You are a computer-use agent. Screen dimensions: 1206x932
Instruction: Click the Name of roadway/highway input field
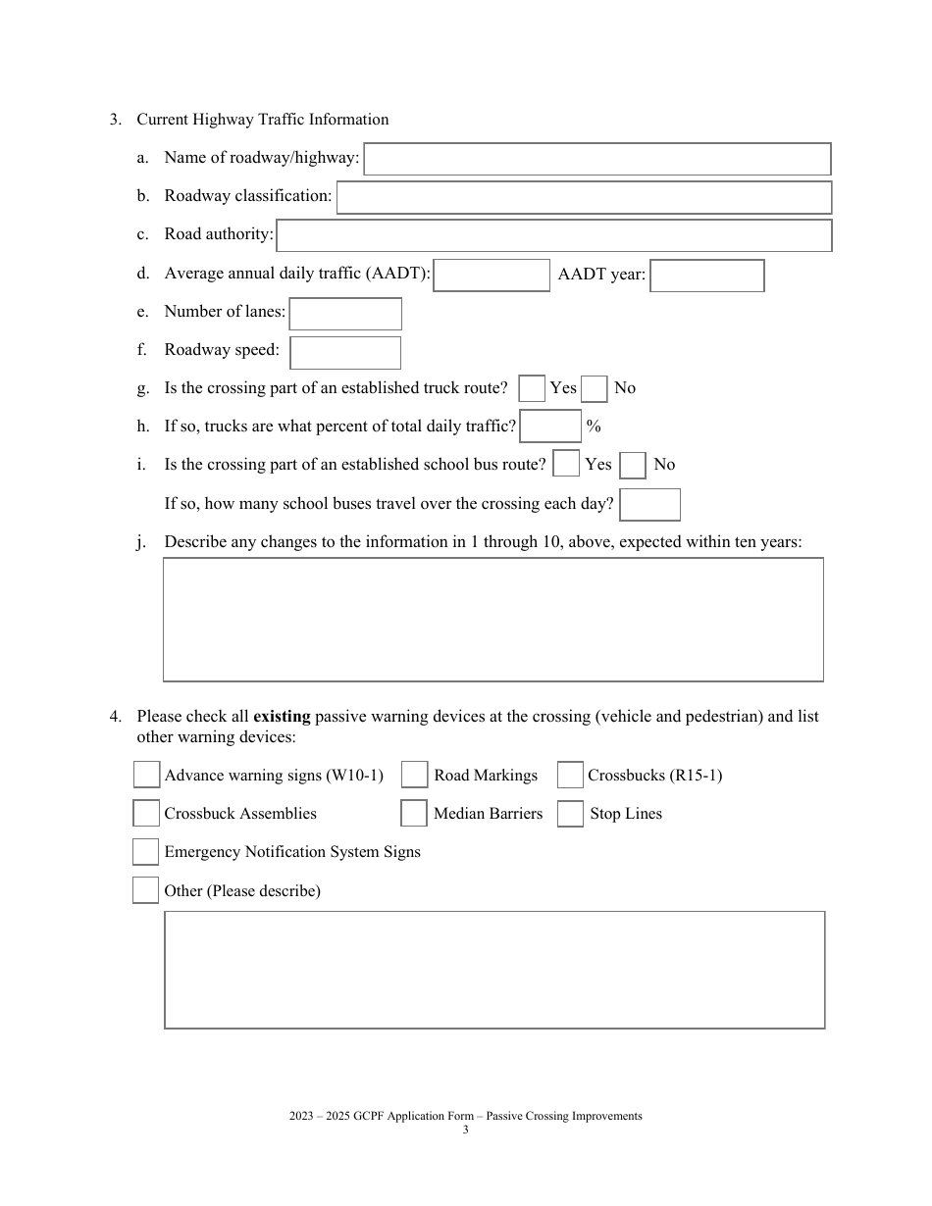[x=596, y=159]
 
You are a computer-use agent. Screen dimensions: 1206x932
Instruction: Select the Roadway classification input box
[x=584, y=197]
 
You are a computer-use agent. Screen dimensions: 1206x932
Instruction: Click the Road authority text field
[x=553, y=235]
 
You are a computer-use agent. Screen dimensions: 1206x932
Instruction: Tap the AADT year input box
[x=706, y=276]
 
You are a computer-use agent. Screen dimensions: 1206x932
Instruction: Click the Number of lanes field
[x=345, y=314]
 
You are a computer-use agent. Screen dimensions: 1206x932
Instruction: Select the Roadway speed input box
[x=345, y=352]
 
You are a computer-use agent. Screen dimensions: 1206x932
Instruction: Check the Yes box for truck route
[x=532, y=389]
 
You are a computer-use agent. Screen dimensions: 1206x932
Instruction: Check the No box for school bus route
[x=633, y=466]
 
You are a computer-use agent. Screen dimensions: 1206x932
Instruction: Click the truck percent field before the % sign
[x=549, y=427]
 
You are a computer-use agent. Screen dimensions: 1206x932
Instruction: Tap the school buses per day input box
[x=649, y=505]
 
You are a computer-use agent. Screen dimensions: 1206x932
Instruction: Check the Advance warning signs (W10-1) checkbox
[x=146, y=775]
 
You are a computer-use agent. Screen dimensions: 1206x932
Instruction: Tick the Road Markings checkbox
[x=415, y=775]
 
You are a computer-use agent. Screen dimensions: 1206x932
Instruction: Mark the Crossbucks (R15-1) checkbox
[x=570, y=775]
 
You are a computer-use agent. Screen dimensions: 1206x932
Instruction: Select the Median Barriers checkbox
[x=414, y=814]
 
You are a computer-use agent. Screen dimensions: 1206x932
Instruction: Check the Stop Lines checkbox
[x=570, y=814]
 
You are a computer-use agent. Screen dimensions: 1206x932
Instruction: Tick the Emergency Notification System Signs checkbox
[x=145, y=852]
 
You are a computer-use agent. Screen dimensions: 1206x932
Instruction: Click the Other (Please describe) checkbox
[x=145, y=890]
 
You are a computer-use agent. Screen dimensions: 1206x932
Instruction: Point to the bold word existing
[x=282, y=717]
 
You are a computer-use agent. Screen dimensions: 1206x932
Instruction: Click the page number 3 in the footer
[x=466, y=1130]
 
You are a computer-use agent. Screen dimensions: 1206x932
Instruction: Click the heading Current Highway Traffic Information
[x=262, y=120]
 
